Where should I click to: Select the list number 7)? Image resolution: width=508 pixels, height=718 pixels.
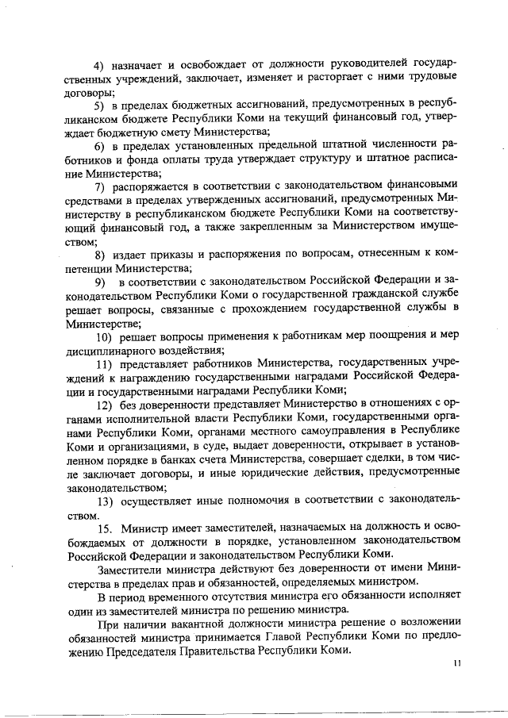101,186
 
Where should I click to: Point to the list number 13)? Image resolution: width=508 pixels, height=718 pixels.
103,501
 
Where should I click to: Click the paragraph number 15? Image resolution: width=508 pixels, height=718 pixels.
103,528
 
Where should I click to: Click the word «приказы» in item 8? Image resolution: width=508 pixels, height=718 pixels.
178,255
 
